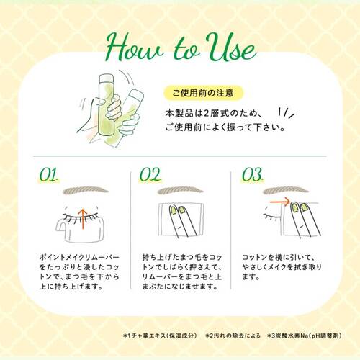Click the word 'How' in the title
click(x=135, y=48)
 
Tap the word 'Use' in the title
click(x=231, y=48)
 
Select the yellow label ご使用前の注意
click(x=203, y=93)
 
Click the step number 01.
click(x=49, y=174)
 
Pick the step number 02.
click(x=150, y=174)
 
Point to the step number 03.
click(x=253, y=174)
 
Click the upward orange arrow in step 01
click(x=83, y=218)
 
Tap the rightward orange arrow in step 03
click(x=280, y=202)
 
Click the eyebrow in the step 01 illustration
click(x=85, y=190)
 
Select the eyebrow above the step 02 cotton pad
click(x=180, y=190)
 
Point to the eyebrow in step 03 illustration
click(x=285, y=191)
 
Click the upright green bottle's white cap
click(x=106, y=78)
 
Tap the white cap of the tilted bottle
click(x=135, y=94)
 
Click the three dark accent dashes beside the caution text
click(x=287, y=113)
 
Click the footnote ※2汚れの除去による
click(x=233, y=336)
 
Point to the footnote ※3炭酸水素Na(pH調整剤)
click(x=305, y=336)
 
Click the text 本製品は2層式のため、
click(x=213, y=113)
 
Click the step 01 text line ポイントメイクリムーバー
click(x=79, y=257)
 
